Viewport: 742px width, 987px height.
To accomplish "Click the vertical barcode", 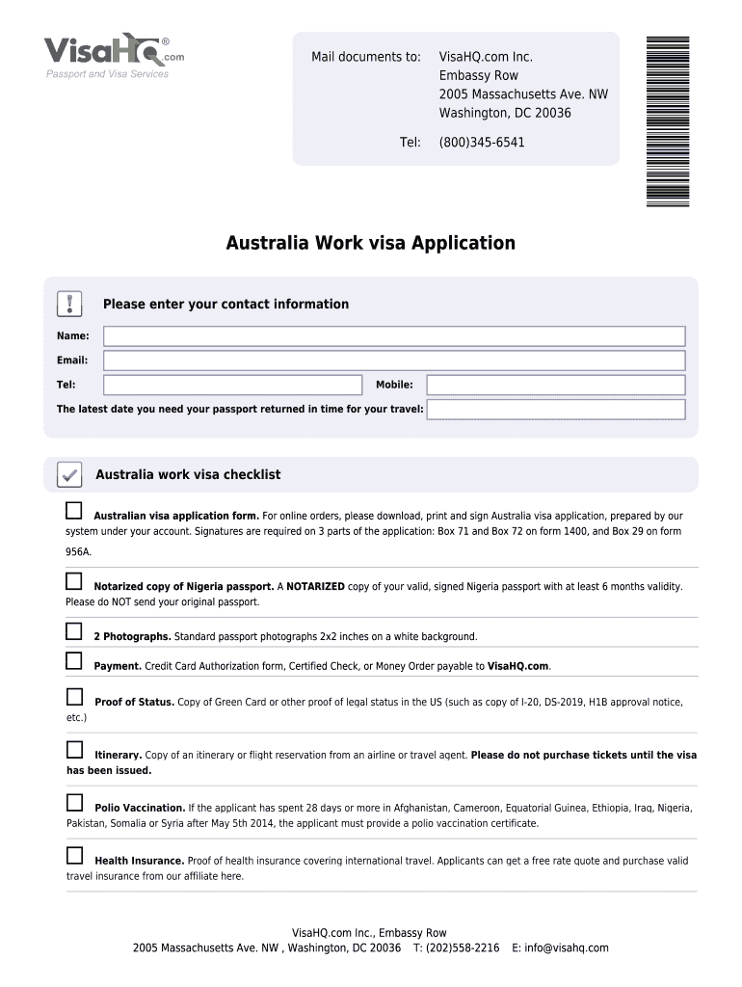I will pos(667,120).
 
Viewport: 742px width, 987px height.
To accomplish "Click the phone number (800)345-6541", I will pos(482,143).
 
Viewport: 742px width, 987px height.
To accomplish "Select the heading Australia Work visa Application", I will pos(371,243).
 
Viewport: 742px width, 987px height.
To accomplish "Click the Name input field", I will pos(394,336).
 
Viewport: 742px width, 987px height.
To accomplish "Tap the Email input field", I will pos(394,360).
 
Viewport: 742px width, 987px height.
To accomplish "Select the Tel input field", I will pos(232,385).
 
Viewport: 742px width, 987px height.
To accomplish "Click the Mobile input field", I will pos(556,385).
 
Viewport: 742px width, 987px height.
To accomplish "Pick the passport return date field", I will pos(556,410).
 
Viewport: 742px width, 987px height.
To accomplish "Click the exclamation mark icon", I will pos(69,304).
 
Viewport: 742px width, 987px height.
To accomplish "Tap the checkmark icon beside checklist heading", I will pos(68,474).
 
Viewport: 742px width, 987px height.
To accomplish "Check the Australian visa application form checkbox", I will pos(74,510).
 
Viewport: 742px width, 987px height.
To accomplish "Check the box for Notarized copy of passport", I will pos(74,581).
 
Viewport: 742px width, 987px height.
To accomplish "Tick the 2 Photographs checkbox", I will pos(74,631).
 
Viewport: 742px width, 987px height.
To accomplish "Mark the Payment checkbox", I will pos(74,660).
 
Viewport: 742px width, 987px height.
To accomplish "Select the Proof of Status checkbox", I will pos(74,697).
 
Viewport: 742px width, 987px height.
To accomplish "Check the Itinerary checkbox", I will pos(74,750).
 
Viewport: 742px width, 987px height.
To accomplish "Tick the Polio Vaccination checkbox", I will pos(74,803).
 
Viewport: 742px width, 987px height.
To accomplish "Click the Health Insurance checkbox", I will pos(74,856).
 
